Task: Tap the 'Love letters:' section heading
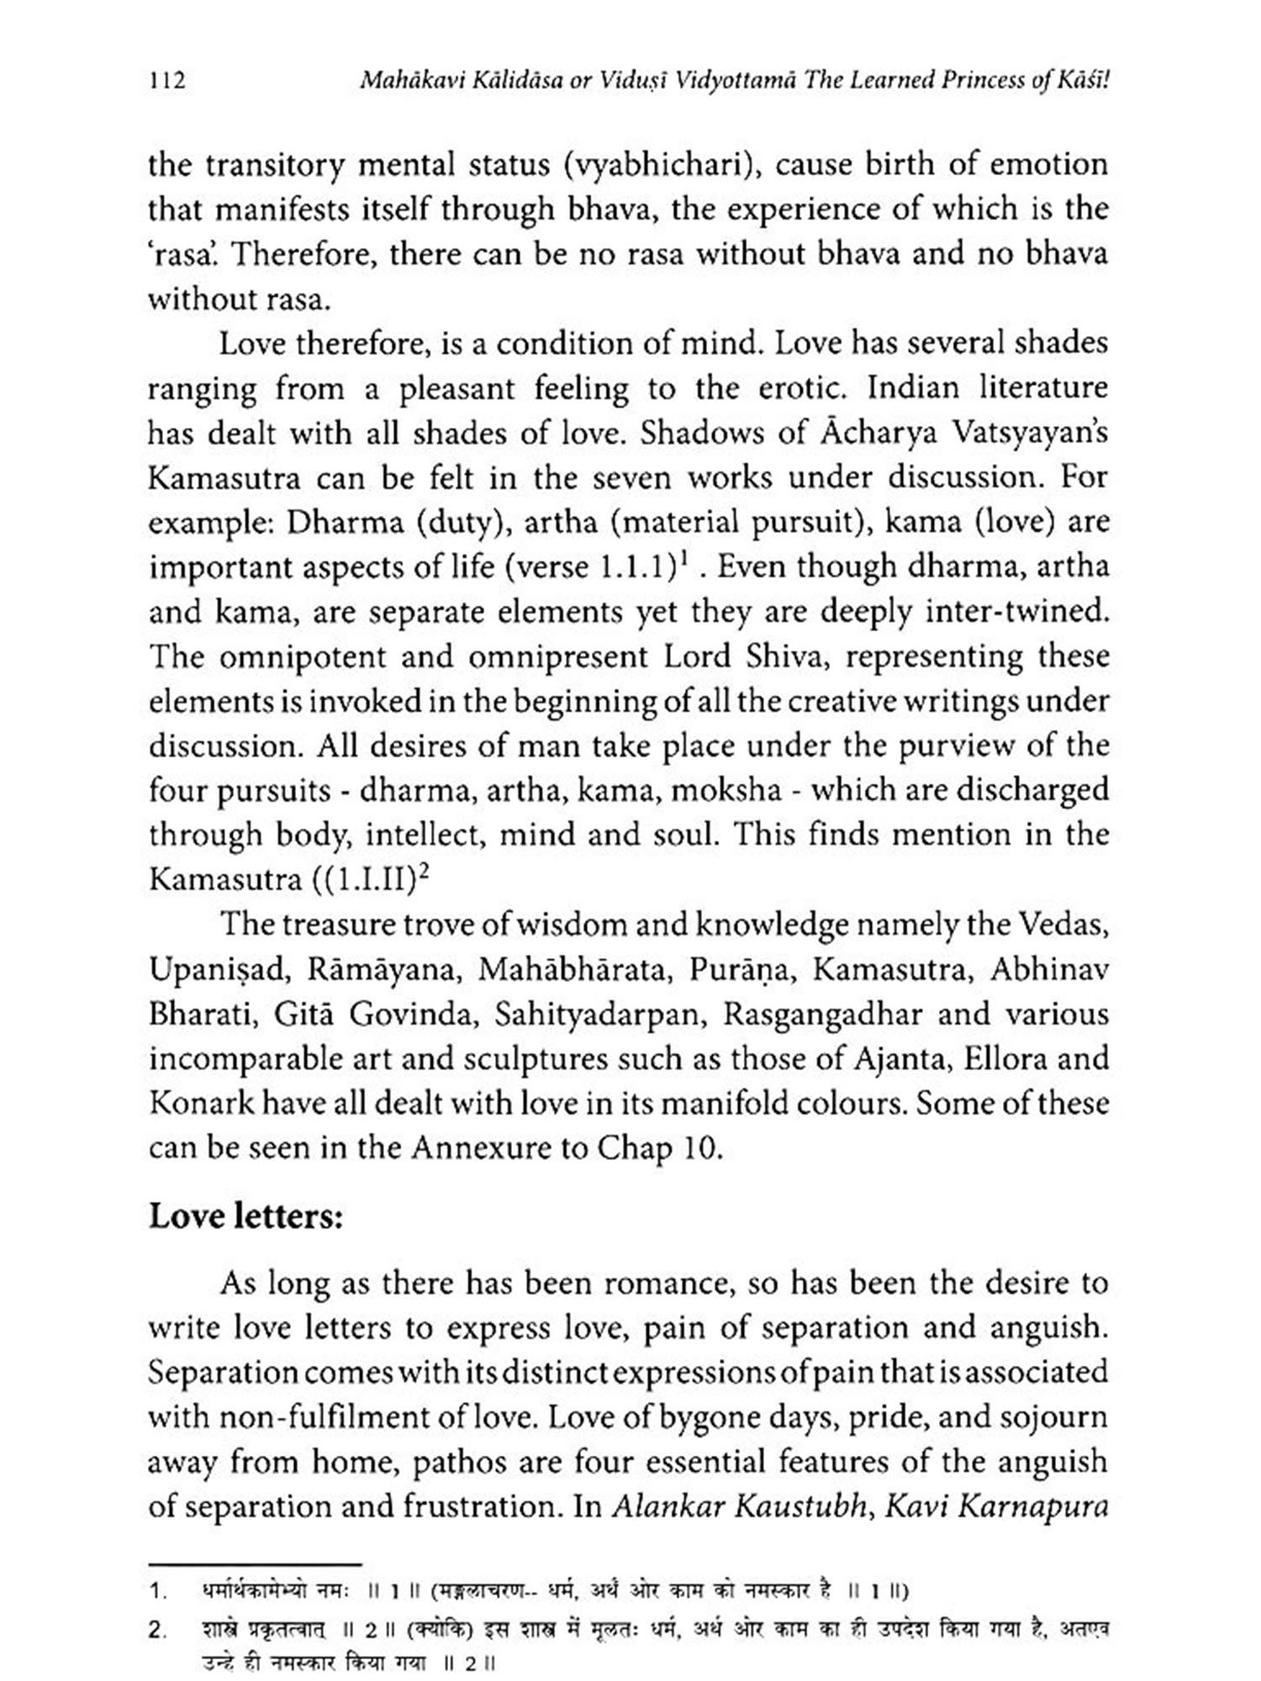[246, 1217]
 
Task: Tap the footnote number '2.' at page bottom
[157, 1631]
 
